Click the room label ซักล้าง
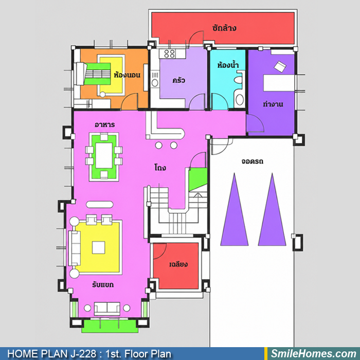click(224, 28)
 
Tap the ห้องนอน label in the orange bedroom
click(127, 75)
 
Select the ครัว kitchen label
click(178, 80)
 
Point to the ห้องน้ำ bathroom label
click(228, 65)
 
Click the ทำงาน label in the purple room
click(273, 104)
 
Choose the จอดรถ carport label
click(253, 161)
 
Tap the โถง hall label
click(160, 167)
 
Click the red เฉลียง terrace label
click(178, 264)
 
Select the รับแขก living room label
click(103, 285)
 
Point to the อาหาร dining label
click(105, 124)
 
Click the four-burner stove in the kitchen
click(170, 53)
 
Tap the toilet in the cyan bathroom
click(239, 80)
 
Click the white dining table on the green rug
click(104, 155)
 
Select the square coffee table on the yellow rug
click(99, 248)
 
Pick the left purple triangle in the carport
click(235, 209)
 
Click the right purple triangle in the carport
click(272, 209)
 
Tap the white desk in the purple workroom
click(279, 83)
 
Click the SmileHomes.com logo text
click(314, 354)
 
